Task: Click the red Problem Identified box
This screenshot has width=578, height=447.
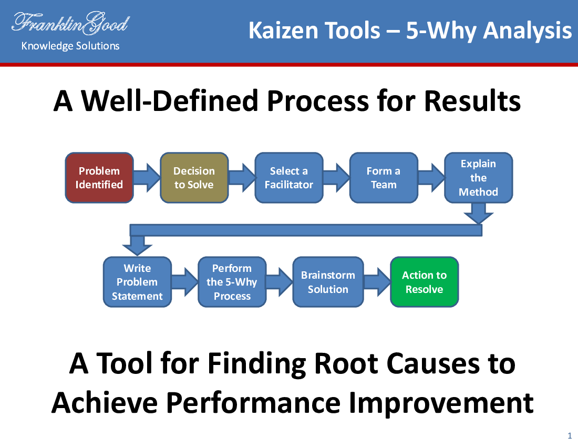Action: point(99,178)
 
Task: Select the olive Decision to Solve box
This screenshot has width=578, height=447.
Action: point(194,178)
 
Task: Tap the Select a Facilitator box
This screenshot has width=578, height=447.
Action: point(289,178)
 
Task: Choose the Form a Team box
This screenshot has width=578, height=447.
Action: point(384,178)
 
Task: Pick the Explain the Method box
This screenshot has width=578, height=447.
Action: point(479,178)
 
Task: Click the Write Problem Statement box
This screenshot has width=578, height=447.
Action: point(137,282)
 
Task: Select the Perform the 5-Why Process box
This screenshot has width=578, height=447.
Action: point(232,282)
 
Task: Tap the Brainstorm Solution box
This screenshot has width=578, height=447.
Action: point(328,282)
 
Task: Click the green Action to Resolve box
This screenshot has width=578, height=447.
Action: point(424,282)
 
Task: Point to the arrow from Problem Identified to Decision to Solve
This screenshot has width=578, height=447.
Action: point(147,178)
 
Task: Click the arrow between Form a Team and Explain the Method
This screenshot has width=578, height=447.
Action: point(431,178)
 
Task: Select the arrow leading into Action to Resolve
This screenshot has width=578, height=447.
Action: point(377,282)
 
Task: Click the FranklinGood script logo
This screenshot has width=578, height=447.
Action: point(70,23)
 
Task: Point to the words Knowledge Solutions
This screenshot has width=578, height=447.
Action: point(70,46)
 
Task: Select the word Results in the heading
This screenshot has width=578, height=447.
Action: point(472,100)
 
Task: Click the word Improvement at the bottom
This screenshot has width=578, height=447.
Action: point(441,403)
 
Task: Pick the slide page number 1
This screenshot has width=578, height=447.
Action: point(570,435)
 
